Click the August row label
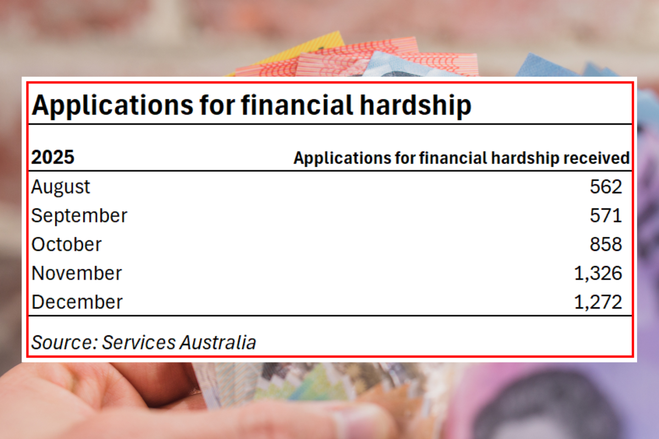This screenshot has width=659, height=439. coord(60,187)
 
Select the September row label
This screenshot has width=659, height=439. coord(79,216)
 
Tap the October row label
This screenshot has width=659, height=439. coord(66,244)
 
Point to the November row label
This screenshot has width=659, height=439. coord(76,273)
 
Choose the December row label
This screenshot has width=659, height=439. coord(77,302)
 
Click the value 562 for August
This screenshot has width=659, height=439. coord(606,187)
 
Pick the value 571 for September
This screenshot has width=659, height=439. coord(606,216)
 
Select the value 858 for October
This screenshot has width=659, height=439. coord(606,244)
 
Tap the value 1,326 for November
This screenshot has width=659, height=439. coord(598,273)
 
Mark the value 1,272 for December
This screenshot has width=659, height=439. coord(598,302)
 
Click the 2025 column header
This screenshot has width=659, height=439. coord(53,158)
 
